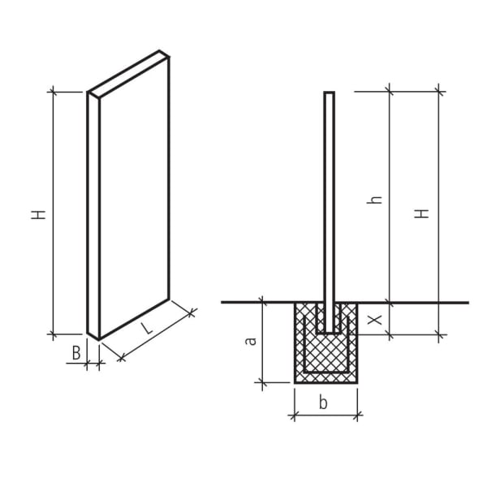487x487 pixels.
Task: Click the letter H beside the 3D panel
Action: click(38, 214)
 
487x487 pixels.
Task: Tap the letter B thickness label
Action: click(75, 353)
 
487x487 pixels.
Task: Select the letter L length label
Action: click(146, 328)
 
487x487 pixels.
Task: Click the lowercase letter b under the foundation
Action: click(323, 402)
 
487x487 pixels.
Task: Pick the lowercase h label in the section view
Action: click(374, 198)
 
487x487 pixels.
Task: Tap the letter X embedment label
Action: click(373, 320)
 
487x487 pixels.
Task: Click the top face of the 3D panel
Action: click(128, 74)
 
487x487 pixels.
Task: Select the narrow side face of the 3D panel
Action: click(93, 215)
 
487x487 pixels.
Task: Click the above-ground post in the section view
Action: click(329, 195)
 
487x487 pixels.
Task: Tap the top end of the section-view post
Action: click(329, 93)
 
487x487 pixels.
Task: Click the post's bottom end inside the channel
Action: click(329, 332)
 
